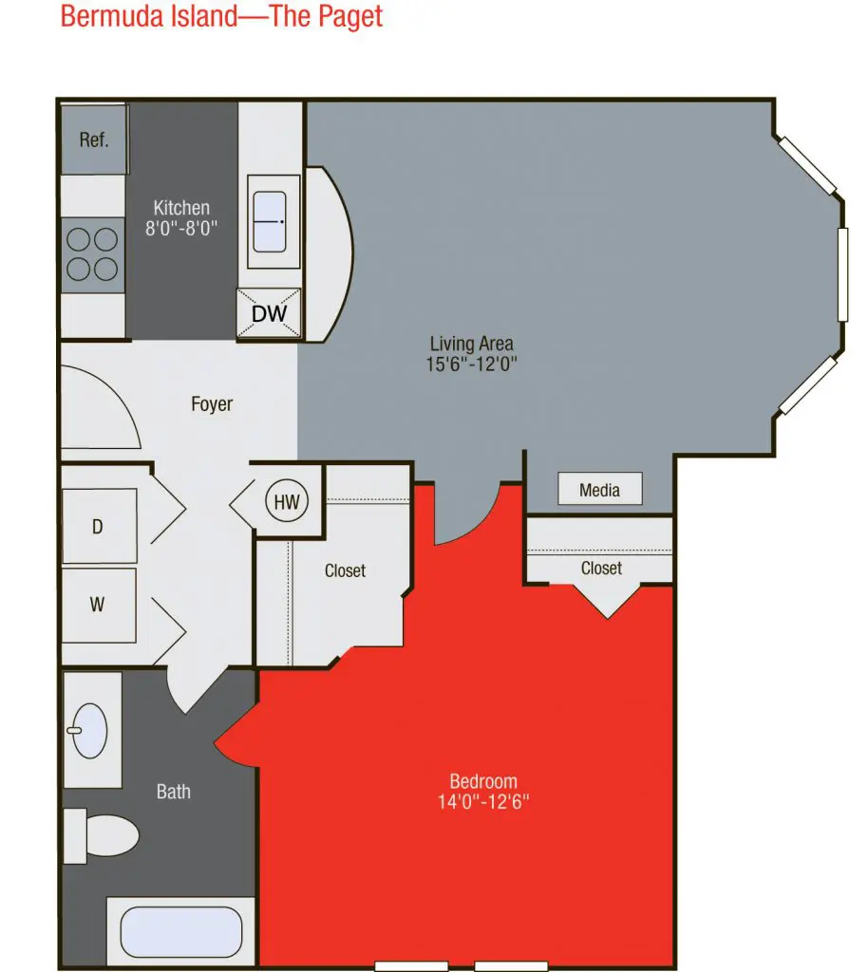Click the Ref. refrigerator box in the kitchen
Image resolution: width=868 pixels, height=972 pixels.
tap(94, 140)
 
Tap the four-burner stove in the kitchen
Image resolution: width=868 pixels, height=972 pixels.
tap(92, 254)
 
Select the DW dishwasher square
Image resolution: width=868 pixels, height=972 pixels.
tap(269, 313)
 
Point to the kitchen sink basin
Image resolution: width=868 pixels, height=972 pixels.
tap(270, 221)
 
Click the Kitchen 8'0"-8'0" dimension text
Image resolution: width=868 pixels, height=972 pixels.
tap(181, 217)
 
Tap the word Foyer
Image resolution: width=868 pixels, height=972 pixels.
tap(212, 404)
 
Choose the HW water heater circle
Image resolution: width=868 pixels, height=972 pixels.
tap(287, 501)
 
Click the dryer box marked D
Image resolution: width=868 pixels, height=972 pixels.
tap(99, 526)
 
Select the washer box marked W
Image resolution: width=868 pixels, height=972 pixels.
tap(99, 605)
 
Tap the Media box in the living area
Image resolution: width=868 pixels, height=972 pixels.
tap(599, 490)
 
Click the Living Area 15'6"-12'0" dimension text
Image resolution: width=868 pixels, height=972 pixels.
tap(471, 353)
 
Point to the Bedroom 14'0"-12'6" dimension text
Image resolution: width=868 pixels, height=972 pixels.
tap(483, 792)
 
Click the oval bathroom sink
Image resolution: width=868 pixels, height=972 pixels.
tap(89, 731)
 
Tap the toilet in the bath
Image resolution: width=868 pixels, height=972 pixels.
tap(101, 835)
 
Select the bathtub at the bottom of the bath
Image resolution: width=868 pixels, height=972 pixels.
tap(181, 932)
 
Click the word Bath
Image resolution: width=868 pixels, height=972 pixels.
tap(174, 792)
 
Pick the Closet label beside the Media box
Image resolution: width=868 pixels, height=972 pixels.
tap(601, 568)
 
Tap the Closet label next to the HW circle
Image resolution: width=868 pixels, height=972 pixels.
tap(346, 570)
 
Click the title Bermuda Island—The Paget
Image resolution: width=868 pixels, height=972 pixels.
tap(221, 16)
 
